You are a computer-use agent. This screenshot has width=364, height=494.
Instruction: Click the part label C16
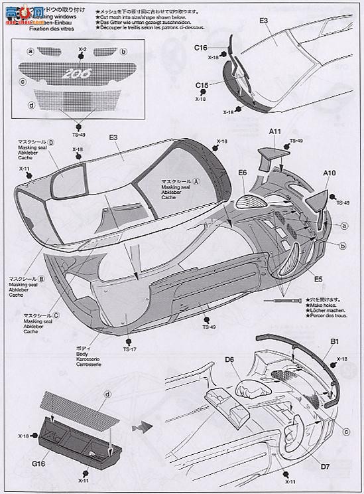click(202, 48)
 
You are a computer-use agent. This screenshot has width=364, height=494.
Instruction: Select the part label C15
click(202, 84)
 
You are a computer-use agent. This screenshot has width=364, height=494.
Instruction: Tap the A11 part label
click(276, 133)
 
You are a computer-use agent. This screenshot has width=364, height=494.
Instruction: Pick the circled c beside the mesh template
click(23, 81)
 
